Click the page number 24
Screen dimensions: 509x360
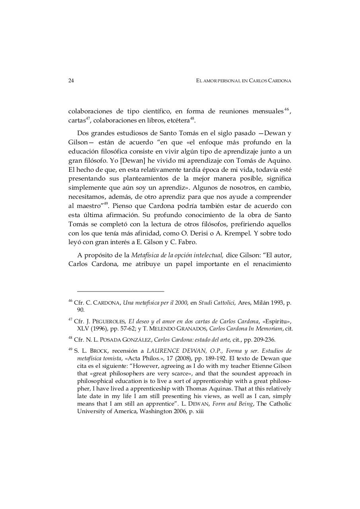[x=71, y=81]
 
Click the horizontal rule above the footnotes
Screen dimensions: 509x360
[x=121, y=291]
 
